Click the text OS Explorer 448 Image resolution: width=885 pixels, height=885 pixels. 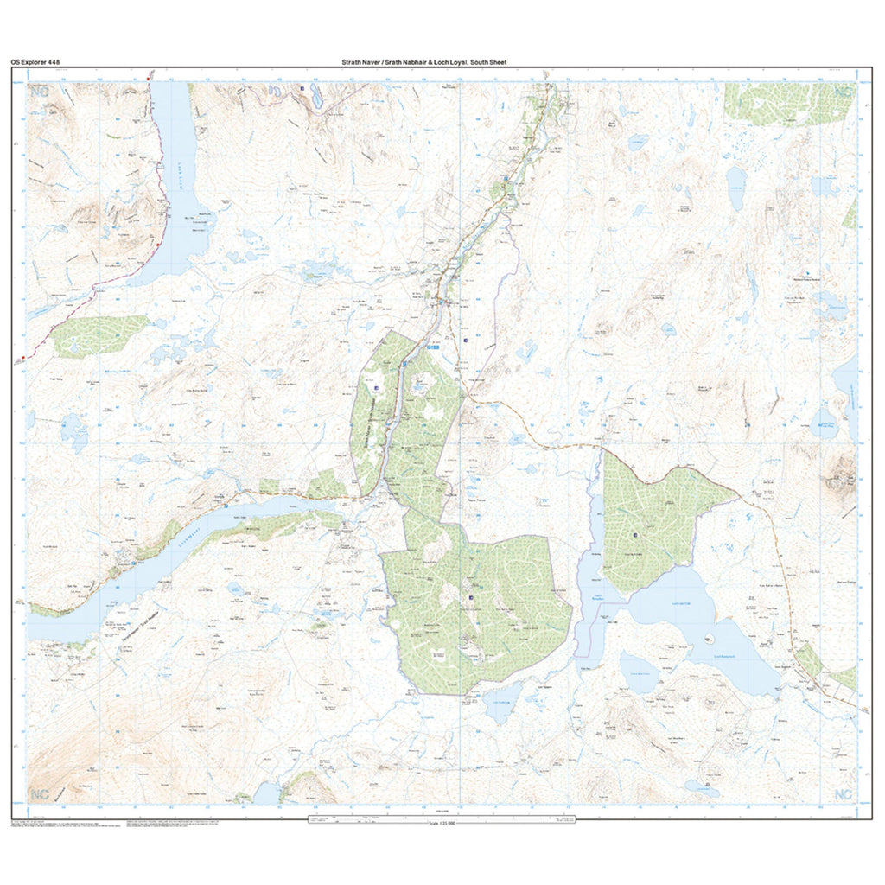point(35,62)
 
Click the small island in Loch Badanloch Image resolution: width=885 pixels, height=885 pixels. point(709,639)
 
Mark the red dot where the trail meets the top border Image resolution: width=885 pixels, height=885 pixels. point(149,79)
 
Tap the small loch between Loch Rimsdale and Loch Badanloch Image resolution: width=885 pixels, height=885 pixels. point(640,670)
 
